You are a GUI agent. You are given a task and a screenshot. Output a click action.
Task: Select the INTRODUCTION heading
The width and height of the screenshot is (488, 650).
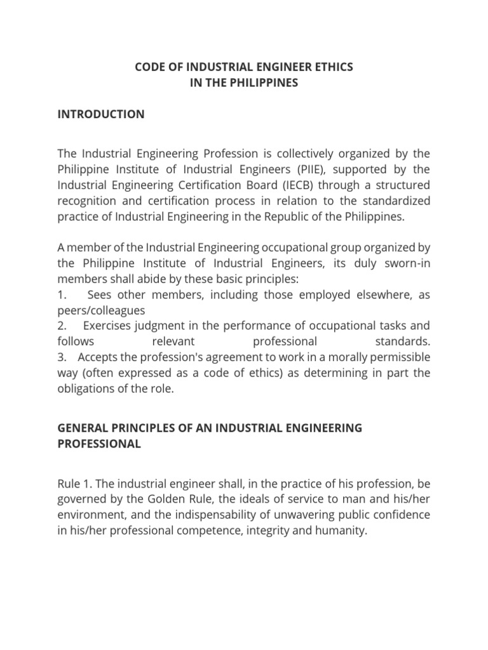pyautogui.click(x=101, y=114)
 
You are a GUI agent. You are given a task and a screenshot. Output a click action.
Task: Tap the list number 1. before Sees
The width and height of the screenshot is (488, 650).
pyautogui.click(x=62, y=295)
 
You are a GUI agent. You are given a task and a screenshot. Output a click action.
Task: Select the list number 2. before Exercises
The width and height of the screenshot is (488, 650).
pyautogui.click(x=62, y=326)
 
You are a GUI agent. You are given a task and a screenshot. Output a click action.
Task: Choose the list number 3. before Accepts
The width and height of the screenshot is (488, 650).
pyautogui.click(x=62, y=357)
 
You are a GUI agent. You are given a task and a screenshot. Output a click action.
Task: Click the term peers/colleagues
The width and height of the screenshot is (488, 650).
pyautogui.click(x=101, y=310)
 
